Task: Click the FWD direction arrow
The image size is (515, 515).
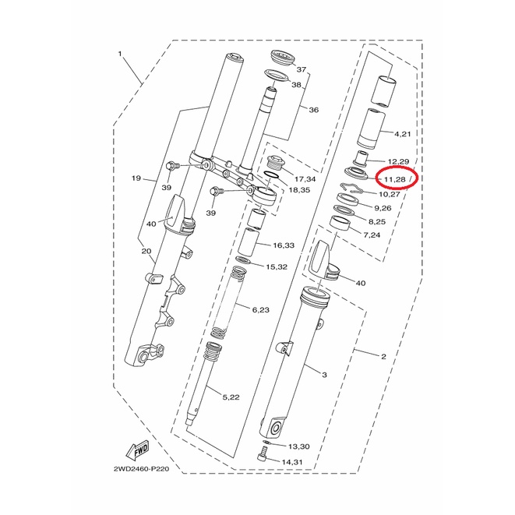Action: pyautogui.click(x=138, y=449)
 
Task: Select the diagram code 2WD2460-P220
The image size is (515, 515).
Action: pyautogui.click(x=142, y=469)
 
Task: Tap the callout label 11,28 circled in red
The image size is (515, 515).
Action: pyautogui.click(x=395, y=179)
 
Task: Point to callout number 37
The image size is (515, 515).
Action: pyautogui.click(x=302, y=69)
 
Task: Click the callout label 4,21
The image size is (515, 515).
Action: pyautogui.click(x=402, y=134)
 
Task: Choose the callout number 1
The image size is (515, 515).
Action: pyautogui.click(x=120, y=54)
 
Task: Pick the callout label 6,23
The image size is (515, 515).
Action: pyautogui.click(x=260, y=310)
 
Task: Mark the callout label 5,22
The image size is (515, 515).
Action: pyautogui.click(x=231, y=397)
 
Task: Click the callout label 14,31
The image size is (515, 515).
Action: pyautogui.click(x=292, y=462)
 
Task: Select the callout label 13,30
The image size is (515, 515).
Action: pyautogui.click(x=298, y=446)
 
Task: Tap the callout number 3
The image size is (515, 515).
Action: pyautogui.click(x=324, y=375)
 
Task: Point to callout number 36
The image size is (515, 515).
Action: pyautogui.click(x=314, y=110)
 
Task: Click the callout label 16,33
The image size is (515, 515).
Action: pyautogui.click(x=284, y=245)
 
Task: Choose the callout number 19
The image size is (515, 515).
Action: pyautogui.click(x=136, y=178)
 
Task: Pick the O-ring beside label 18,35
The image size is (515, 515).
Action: pyautogui.click(x=272, y=175)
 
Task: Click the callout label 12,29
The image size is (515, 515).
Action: pyautogui.click(x=398, y=161)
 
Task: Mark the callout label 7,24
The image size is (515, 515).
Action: pyautogui.click(x=372, y=235)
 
